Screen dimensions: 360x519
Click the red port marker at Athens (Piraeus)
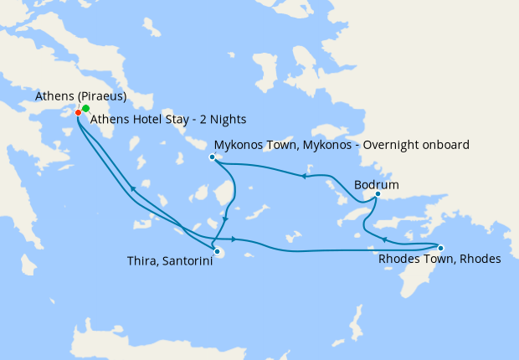pyautogui.click(x=78, y=112)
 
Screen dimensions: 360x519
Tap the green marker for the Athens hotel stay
pyautogui.click(x=86, y=109)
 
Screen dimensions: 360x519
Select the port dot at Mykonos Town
pyautogui.click(x=213, y=157)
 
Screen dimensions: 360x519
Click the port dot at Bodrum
pyautogui.click(x=378, y=195)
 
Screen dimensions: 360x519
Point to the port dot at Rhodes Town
pyautogui.click(x=441, y=247)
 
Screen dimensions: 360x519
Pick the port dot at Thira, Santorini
pyautogui.click(x=216, y=251)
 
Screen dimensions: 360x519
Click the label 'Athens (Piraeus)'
pyautogui.click(x=80, y=96)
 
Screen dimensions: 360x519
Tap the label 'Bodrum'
pyautogui.click(x=376, y=183)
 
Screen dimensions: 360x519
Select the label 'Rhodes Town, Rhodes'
pyautogui.click(x=439, y=260)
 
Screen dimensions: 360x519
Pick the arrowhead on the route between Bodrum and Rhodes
pyautogui.click(x=383, y=240)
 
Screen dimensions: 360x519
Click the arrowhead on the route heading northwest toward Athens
pyautogui.click(x=131, y=189)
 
